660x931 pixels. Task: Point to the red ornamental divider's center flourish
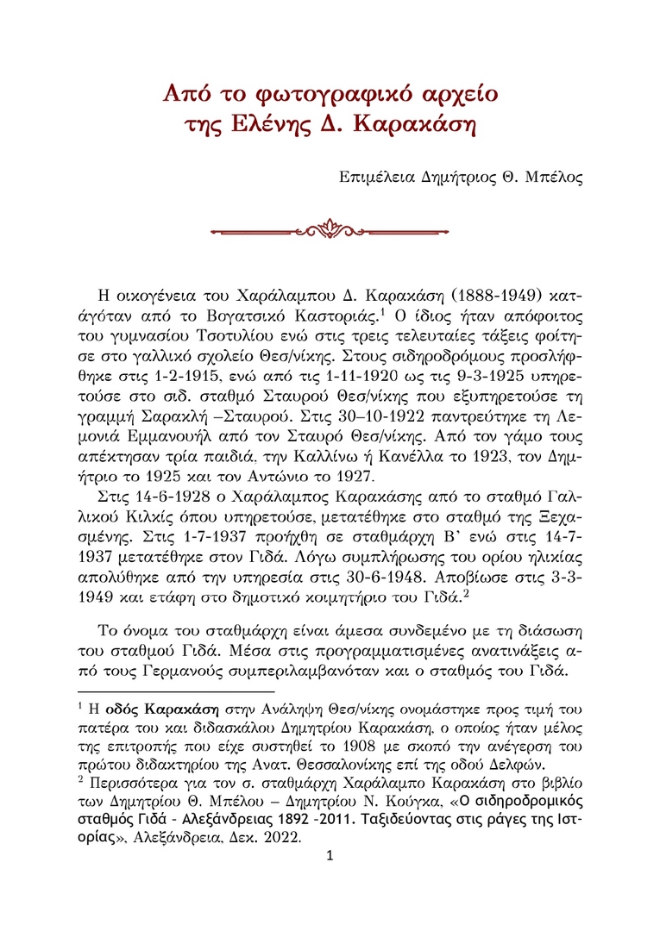point(330,230)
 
